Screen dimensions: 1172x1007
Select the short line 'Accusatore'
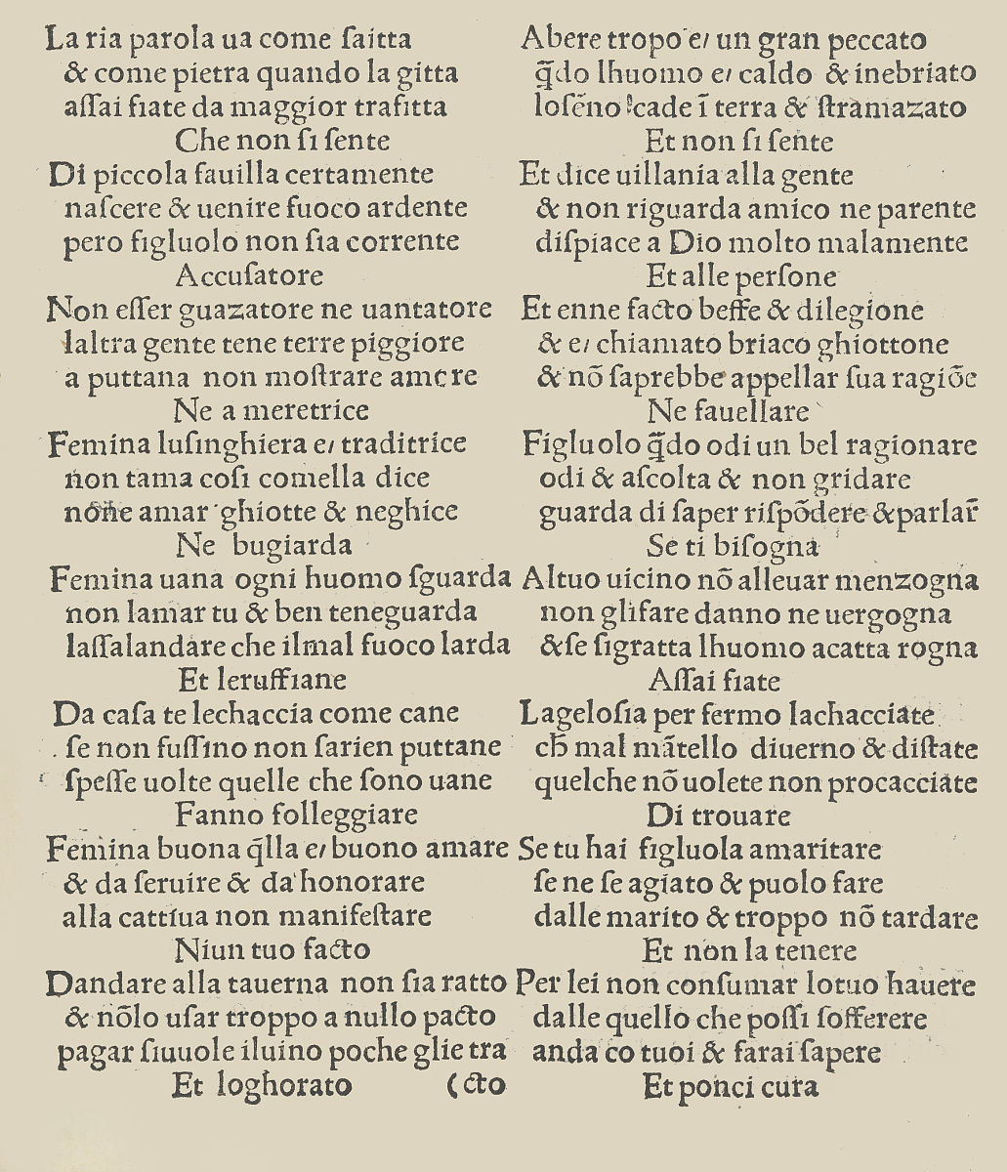coord(249,275)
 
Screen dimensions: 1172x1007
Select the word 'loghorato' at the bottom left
coord(291,1084)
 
